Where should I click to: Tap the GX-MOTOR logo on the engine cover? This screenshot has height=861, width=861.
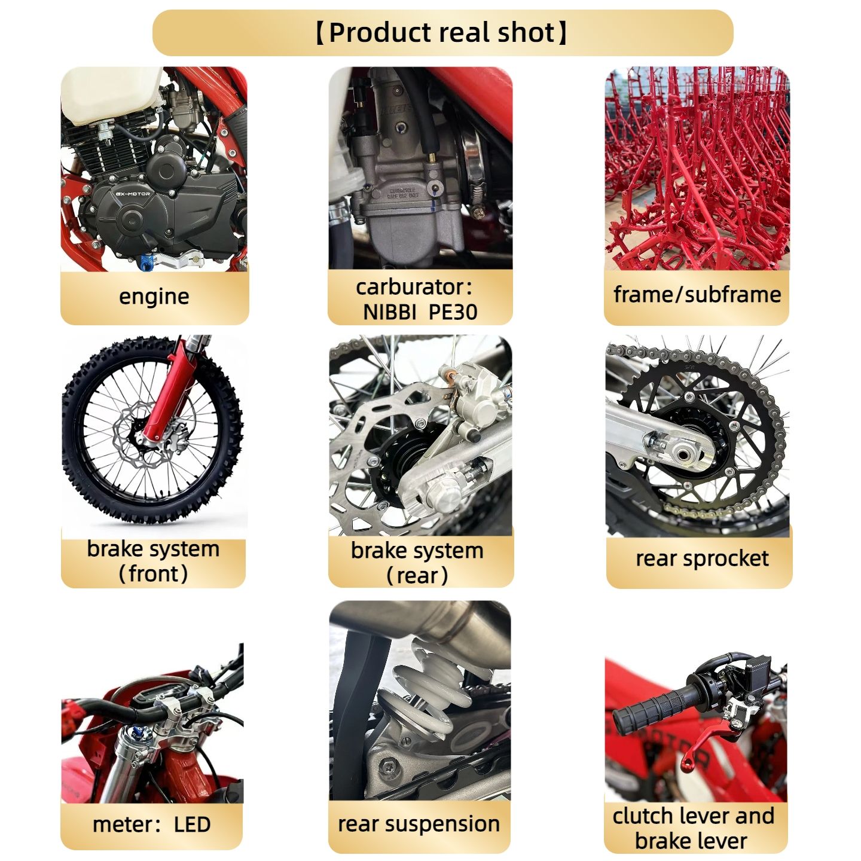point(133,194)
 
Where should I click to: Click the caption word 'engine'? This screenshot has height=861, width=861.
point(154,297)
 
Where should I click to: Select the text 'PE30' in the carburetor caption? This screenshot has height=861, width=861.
point(453,312)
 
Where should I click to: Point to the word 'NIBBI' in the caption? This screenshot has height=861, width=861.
point(389,312)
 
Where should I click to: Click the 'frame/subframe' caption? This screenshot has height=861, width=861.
point(697,295)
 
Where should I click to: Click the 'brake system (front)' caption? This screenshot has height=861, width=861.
point(153,561)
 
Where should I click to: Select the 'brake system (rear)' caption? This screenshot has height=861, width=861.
point(417,563)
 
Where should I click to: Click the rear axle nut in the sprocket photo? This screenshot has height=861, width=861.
point(682,454)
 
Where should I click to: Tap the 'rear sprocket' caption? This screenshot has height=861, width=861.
point(702,558)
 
